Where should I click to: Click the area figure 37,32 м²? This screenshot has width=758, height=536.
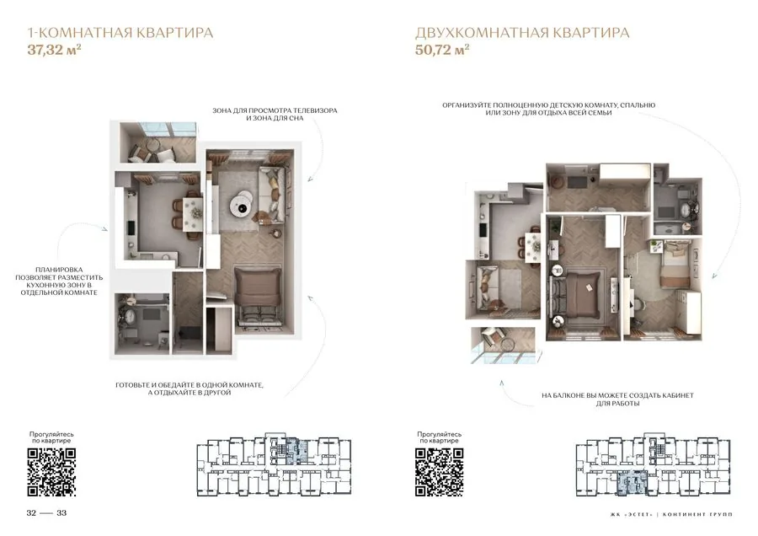coord(54,50)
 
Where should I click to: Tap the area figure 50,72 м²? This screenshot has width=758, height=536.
coord(442,50)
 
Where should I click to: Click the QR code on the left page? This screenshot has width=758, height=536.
coord(51,472)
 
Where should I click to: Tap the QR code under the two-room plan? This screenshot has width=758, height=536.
coord(440,472)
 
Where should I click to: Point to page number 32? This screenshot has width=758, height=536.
coord(31,512)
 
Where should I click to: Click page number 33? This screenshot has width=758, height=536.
coord(61,512)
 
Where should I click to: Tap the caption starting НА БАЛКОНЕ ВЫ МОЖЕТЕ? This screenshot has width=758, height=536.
coord(618,399)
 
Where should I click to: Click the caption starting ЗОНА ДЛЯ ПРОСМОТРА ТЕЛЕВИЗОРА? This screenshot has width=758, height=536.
coord(275,114)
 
